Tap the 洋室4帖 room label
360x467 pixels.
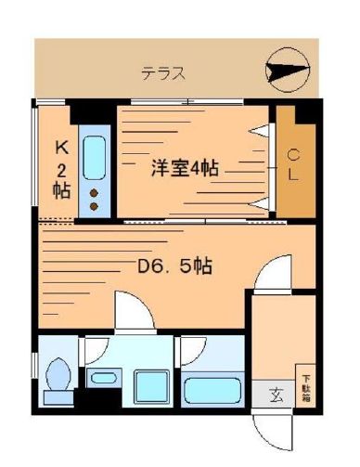(185, 169)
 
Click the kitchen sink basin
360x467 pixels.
(94, 159)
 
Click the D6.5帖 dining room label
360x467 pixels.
(175, 266)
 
